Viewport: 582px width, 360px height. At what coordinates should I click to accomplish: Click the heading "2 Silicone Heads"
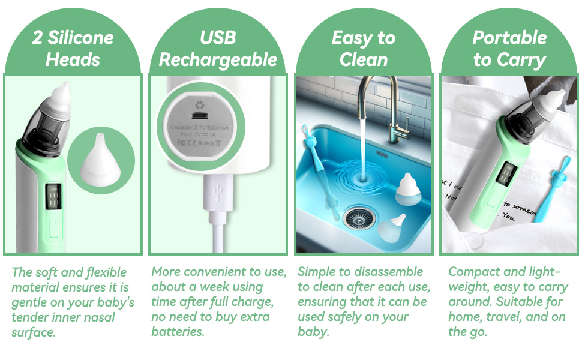[72, 48]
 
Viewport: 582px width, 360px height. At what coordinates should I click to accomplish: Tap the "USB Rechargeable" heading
[218, 48]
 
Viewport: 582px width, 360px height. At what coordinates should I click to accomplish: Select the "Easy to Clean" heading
[364, 48]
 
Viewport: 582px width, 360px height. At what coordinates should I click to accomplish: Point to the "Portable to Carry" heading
[509, 48]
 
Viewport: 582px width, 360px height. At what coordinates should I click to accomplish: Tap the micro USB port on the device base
[200, 114]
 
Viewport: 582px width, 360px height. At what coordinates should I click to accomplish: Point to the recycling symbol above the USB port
[200, 98]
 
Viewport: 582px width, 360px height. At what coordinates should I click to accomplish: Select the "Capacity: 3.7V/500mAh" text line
[200, 127]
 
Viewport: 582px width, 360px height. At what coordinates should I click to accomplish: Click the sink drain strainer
[359, 217]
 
